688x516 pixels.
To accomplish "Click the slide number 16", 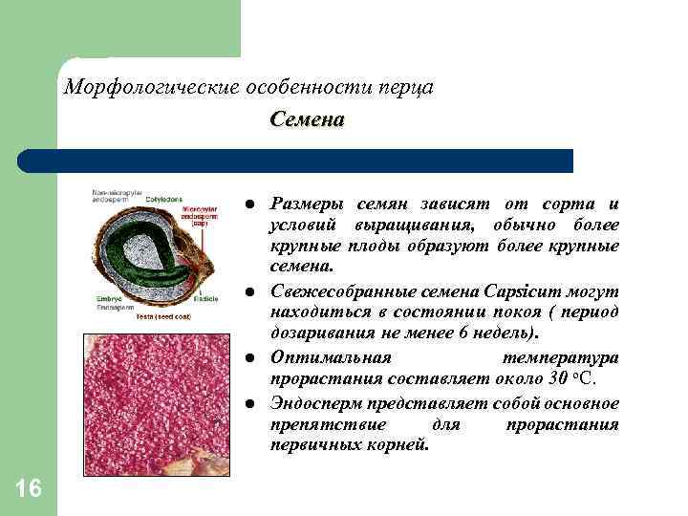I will pyautogui.click(x=30, y=489).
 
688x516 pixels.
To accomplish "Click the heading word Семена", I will pyautogui.click(x=307, y=121).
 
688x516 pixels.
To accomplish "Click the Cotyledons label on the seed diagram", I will pyautogui.click(x=163, y=199).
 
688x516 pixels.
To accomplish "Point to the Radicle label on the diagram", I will pyautogui.click(x=206, y=299).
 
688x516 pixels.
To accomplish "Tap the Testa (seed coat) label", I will pyautogui.click(x=160, y=314).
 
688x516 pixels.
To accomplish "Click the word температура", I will pyautogui.click(x=560, y=357).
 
